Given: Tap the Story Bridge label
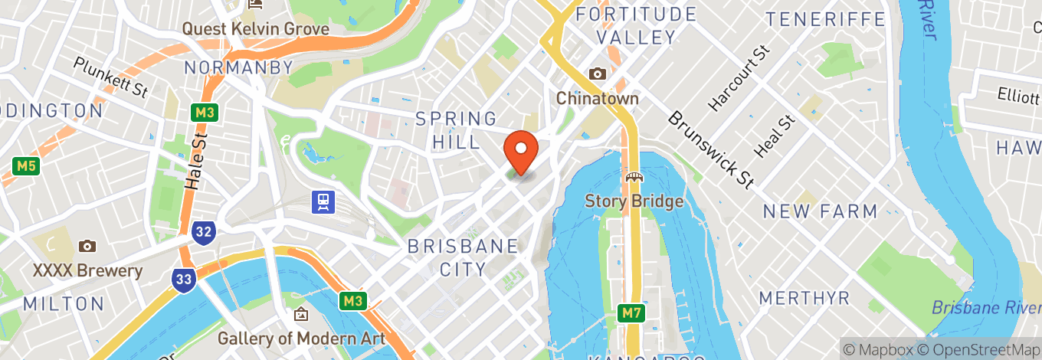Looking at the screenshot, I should pos(634,201).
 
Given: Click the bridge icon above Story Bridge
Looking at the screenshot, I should pos(634,178).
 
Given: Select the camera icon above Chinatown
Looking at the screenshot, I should pos(597,74).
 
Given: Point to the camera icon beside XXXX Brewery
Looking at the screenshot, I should pos(87,247).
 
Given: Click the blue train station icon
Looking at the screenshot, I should pos(323,201).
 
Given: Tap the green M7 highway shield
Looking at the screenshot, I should pos(631,313).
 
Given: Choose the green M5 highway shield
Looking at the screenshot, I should pos(26,165).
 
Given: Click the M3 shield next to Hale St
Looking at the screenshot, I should pos(204,113).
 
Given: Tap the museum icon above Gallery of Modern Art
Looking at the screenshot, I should pos(301,314).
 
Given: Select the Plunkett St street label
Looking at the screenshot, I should pos(110,76).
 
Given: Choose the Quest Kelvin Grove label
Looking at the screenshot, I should pos(255,29).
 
